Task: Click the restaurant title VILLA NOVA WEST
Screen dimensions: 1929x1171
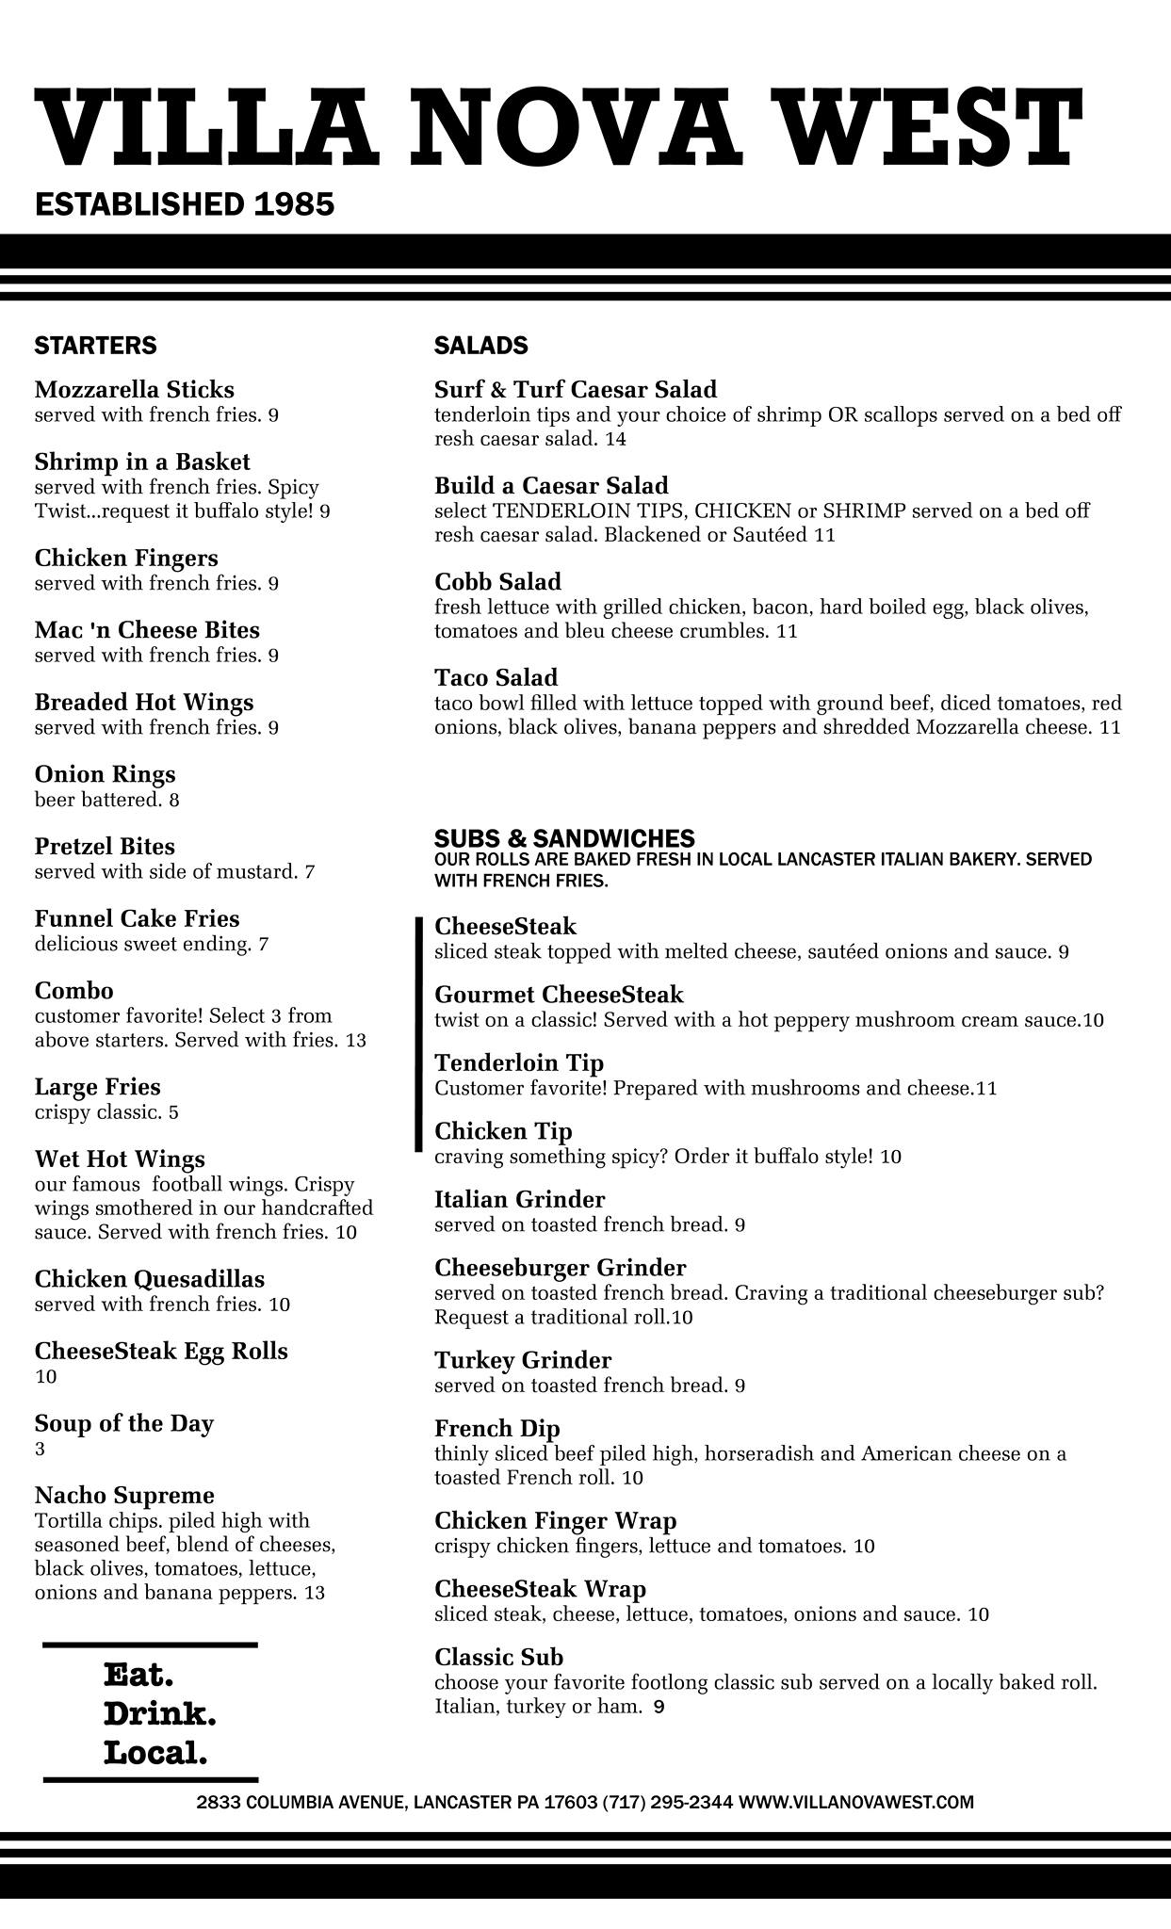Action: [558, 125]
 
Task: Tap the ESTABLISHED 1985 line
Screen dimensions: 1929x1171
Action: [185, 204]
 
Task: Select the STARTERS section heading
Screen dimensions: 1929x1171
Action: [95, 346]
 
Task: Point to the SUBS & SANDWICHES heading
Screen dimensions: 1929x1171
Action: [564, 838]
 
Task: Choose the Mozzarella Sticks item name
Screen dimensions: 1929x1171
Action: [135, 390]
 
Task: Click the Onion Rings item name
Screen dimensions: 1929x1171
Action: [105, 774]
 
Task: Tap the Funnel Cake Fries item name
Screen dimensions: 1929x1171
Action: [137, 918]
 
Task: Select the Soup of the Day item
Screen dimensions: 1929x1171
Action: [123, 1423]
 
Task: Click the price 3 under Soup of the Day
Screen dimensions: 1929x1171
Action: [40, 1449]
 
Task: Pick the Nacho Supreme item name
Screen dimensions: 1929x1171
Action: [124, 1496]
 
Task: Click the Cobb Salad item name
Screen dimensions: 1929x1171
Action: [497, 581]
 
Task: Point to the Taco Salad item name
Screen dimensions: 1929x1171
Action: [496, 677]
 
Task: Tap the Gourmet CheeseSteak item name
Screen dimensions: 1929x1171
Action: [559, 995]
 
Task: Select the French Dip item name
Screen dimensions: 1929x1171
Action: [497, 1429]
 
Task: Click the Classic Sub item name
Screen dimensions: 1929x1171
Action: [498, 1657]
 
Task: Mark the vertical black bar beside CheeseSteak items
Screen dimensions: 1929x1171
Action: [418, 1033]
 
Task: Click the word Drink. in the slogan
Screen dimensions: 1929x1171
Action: [159, 1714]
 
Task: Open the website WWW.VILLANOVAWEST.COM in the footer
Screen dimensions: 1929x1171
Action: [855, 1802]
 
